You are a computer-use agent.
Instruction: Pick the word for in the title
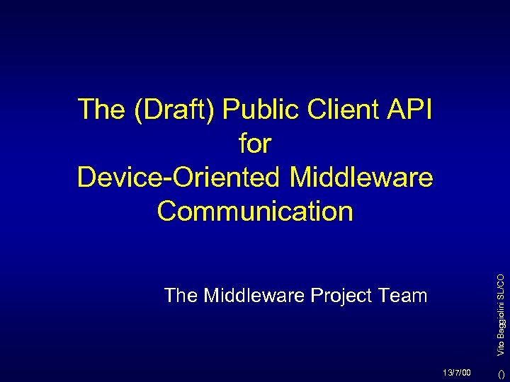click(255, 144)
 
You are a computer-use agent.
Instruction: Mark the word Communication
click(255, 211)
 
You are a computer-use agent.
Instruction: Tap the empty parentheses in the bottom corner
click(500, 372)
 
